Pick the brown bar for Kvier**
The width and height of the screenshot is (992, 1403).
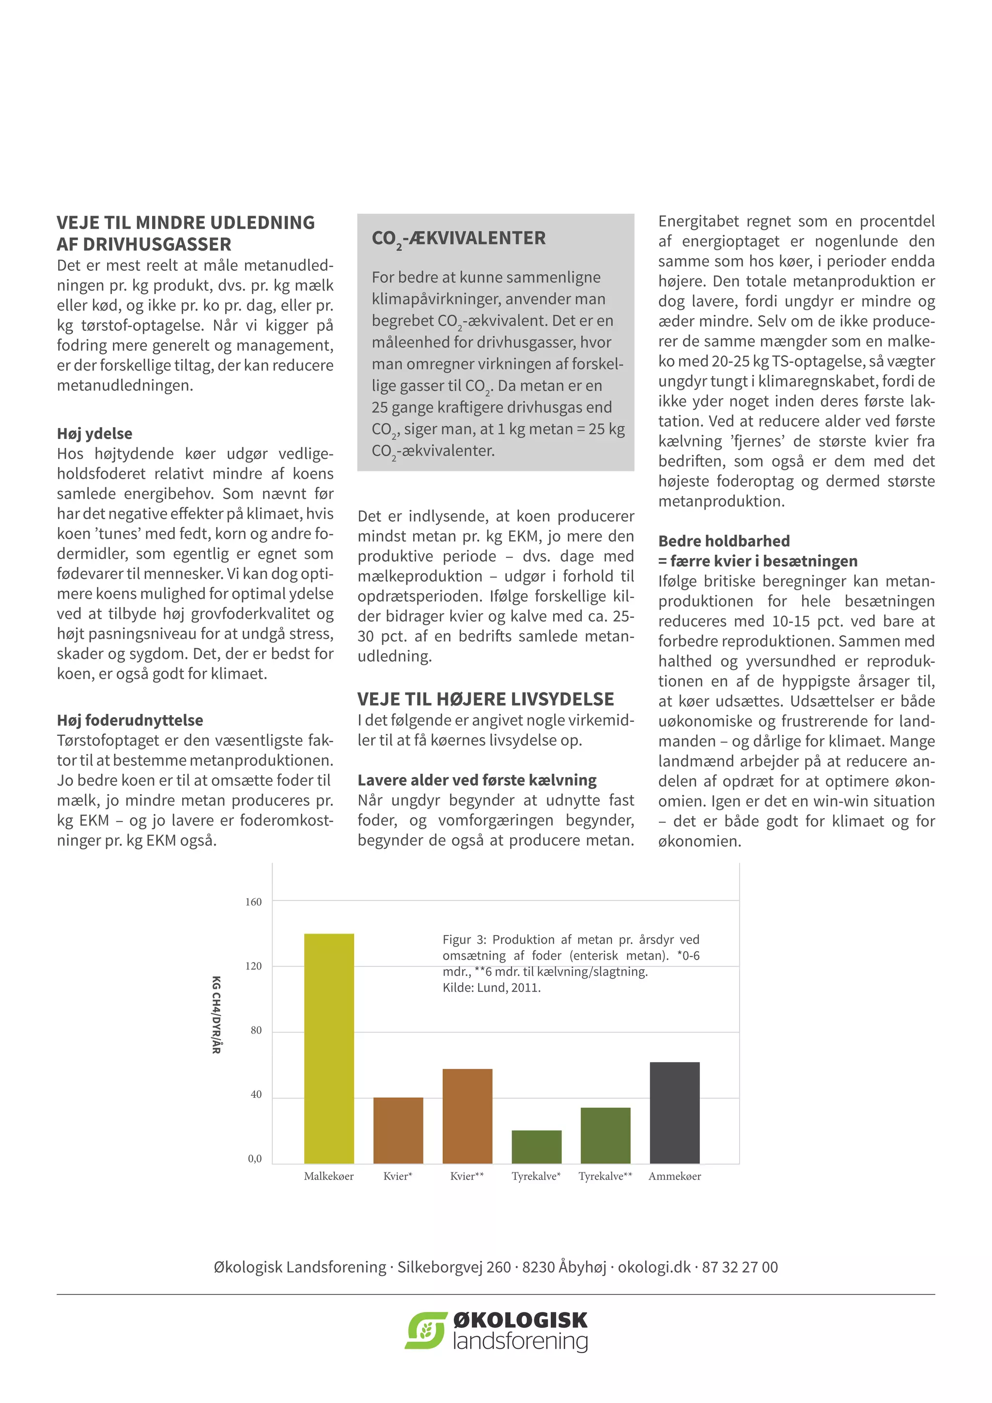(x=467, y=1116)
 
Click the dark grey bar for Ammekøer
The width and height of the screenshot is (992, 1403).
(x=674, y=1113)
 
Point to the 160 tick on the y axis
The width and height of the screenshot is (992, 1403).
(x=253, y=902)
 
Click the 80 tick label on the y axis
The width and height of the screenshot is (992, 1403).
(x=256, y=1030)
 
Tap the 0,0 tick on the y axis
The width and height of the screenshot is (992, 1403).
(x=255, y=1158)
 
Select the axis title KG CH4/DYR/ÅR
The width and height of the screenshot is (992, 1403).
(x=216, y=1014)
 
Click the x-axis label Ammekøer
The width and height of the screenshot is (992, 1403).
(x=674, y=1176)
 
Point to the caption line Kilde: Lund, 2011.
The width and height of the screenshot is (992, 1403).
(x=492, y=987)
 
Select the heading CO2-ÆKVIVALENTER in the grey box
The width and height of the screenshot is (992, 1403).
(x=459, y=238)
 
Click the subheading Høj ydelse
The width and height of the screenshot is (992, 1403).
(x=94, y=434)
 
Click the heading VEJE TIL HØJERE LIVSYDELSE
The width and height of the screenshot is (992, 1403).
(x=486, y=699)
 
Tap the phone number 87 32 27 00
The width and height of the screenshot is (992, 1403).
(x=740, y=1267)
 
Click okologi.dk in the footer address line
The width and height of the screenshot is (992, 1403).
(x=653, y=1267)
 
